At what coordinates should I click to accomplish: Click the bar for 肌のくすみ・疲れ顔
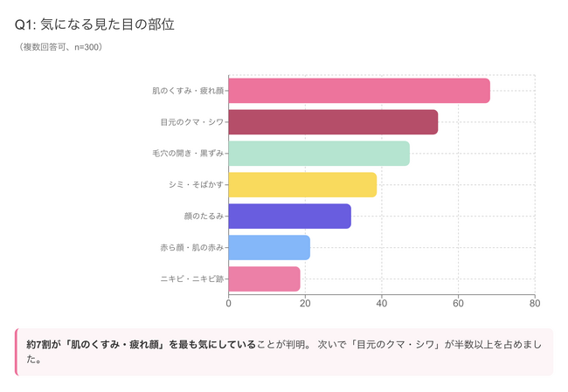359,91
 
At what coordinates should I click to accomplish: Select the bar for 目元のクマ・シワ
333,122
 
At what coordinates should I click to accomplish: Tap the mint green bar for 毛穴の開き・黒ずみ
319,154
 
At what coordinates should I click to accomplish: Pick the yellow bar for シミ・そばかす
302,185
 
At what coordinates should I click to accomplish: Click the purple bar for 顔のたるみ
289,217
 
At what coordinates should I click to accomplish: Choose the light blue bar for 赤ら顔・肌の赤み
269,248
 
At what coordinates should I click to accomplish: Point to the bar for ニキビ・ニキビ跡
264,279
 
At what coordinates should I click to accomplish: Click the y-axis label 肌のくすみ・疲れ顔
188,91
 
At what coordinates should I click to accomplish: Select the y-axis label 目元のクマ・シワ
192,122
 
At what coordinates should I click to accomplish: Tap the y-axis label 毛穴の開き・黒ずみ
188,154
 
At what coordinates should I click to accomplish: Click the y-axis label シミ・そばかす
197,185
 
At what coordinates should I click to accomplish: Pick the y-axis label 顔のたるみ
204,217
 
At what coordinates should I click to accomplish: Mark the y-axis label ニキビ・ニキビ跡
192,279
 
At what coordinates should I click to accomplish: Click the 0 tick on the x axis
229,304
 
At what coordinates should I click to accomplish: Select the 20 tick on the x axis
305,304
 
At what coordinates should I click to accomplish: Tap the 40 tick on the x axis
382,304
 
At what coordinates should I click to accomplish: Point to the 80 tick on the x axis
535,304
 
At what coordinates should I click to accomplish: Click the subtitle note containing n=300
61,47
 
